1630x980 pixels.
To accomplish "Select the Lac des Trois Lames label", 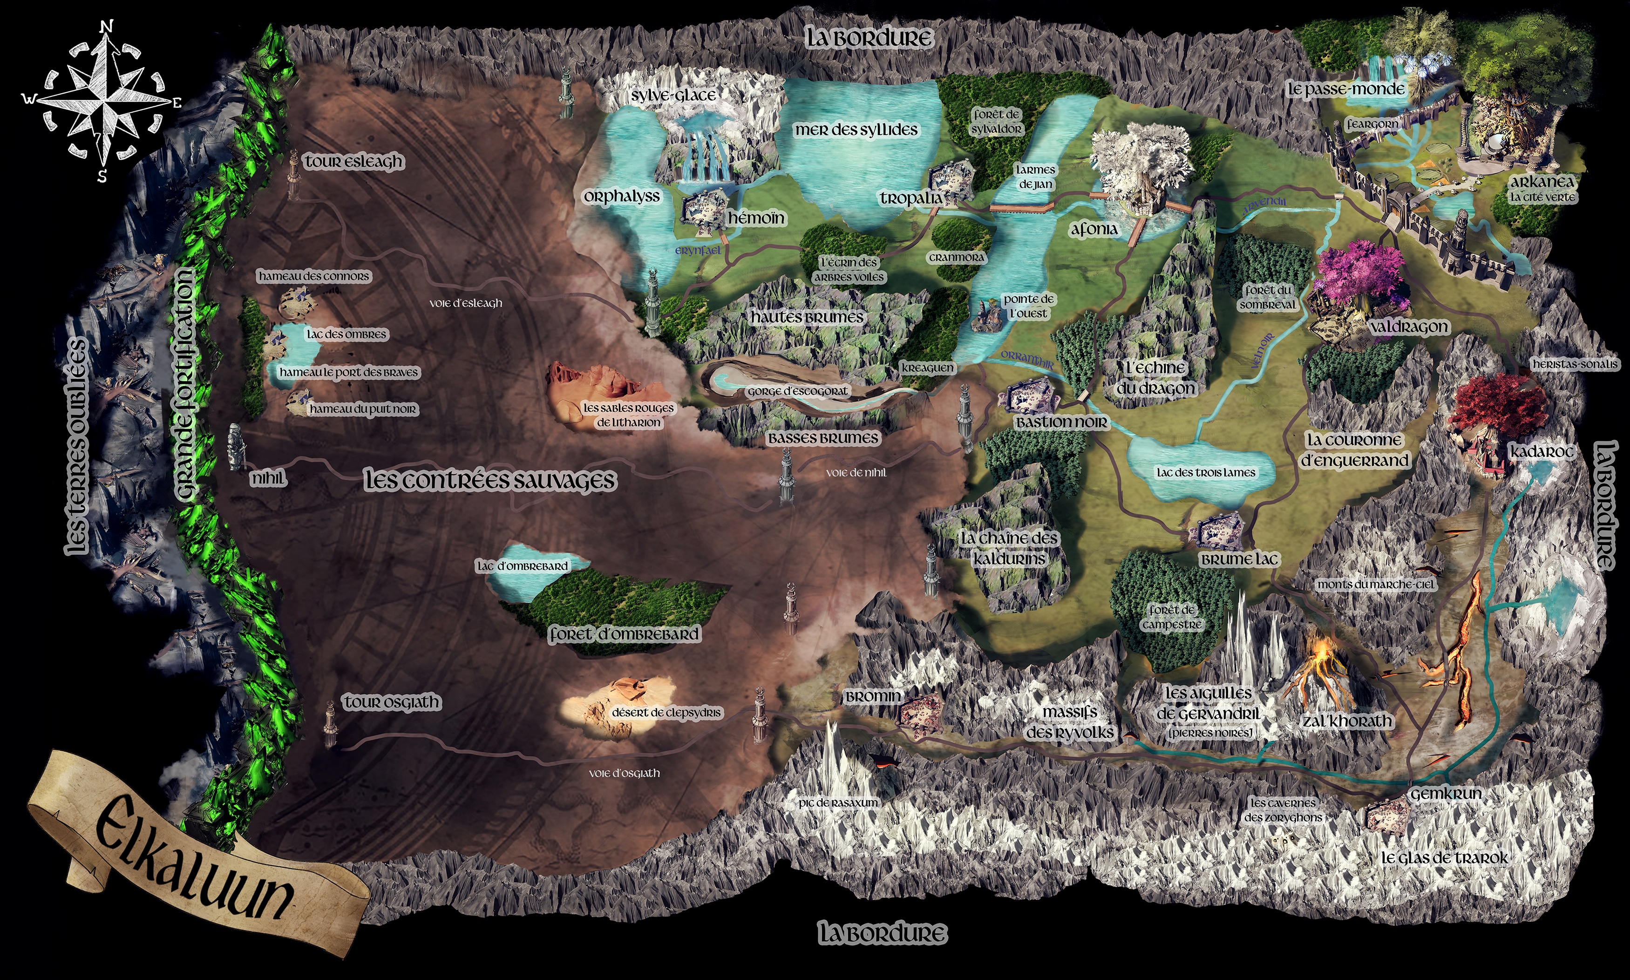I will point(1205,473).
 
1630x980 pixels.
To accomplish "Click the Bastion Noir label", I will point(1061,422).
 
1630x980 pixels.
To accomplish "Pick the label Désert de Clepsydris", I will point(666,713).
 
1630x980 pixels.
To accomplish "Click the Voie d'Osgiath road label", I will point(624,773).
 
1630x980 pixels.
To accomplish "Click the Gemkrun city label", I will point(1446,794).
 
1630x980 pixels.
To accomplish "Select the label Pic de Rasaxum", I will point(838,803).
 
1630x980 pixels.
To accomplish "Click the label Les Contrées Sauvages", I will point(490,481).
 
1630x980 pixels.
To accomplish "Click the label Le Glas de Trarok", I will point(1445,858).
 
